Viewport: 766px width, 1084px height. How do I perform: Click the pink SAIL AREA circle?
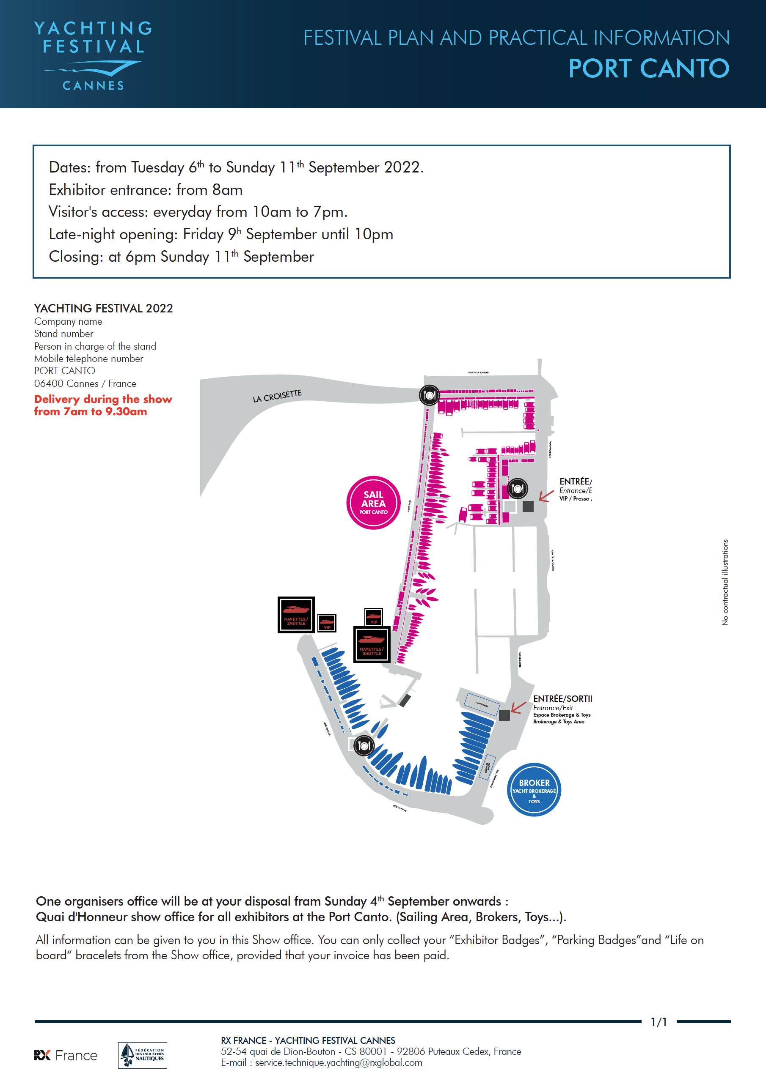[373, 503]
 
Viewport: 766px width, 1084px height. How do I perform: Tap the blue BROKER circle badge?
[534, 790]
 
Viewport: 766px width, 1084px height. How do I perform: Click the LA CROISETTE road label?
[277, 396]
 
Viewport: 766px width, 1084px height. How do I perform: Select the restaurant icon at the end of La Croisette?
[430, 395]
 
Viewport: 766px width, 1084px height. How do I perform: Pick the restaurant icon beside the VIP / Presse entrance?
[518, 489]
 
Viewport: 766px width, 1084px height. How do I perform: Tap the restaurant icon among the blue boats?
[364, 745]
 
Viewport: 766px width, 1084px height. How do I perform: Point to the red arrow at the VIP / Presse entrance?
[546, 496]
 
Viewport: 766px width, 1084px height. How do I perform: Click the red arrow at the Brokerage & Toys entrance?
[518, 707]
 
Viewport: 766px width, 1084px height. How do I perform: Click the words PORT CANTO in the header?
[649, 68]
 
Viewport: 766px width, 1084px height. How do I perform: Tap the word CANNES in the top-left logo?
[94, 85]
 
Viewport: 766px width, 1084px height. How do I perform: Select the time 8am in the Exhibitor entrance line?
[227, 190]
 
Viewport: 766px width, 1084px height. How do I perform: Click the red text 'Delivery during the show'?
[103, 400]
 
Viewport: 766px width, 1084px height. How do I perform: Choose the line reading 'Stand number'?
[64, 334]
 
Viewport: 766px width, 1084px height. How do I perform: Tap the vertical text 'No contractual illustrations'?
[725, 582]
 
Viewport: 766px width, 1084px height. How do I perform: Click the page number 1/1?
[659, 1022]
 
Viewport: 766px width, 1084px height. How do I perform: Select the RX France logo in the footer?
[66, 1055]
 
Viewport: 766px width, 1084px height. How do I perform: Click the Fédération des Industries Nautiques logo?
[142, 1055]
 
